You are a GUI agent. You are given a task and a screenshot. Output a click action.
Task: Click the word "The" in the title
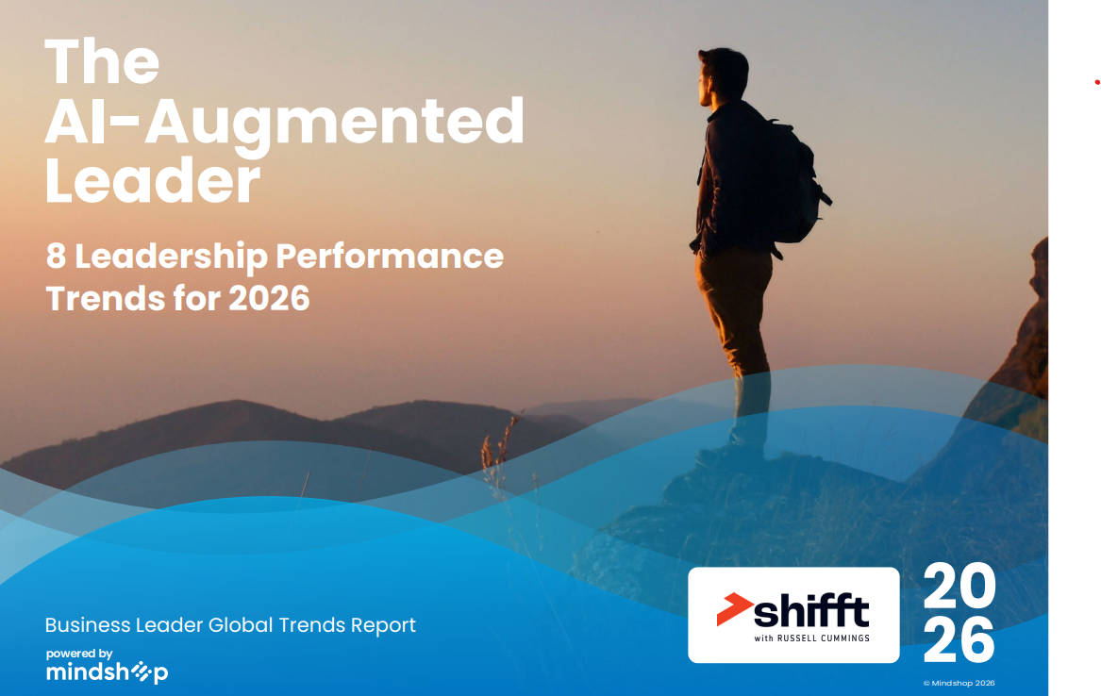(x=102, y=61)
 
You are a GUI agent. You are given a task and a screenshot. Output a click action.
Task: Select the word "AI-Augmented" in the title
(x=284, y=124)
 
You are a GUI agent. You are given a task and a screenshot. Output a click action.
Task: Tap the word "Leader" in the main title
(x=153, y=180)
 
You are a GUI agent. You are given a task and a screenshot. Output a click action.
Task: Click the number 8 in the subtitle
(x=57, y=257)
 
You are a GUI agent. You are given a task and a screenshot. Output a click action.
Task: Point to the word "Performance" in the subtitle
(x=390, y=257)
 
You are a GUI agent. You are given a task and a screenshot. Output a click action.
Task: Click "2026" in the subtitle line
(x=269, y=298)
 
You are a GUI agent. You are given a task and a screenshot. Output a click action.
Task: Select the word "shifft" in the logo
(x=811, y=610)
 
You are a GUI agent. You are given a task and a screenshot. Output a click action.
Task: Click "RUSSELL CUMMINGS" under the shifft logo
(x=823, y=638)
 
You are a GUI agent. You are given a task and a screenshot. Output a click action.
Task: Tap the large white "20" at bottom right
(x=959, y=586)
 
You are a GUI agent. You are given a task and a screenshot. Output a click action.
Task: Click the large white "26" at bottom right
(x=959, y=639)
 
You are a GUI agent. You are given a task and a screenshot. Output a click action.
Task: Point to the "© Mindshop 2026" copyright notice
(x=959, y=683)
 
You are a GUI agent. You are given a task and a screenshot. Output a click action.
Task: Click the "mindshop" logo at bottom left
(x=107, y=672)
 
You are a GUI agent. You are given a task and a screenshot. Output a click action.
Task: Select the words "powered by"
(x=79, y=654)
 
